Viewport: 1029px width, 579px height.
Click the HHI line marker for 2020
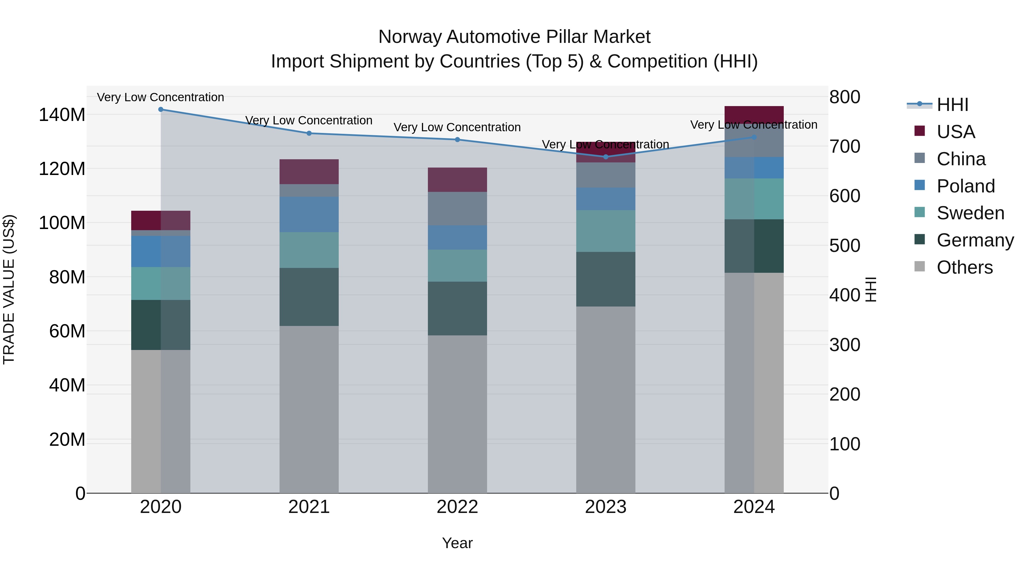click(x=161, y=110)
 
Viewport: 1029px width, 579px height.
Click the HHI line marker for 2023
click(x=606, y=157)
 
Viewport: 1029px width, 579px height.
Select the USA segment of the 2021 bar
click(x=309, y=172)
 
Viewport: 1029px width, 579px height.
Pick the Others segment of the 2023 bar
click(x=606, y=400)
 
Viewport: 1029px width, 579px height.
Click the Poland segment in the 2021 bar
click(x=309, y=214)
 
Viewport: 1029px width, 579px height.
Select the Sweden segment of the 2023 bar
click(x=606, y=231)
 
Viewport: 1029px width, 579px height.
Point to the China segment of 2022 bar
click(x=457, y=209)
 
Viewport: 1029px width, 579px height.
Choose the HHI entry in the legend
click(x=952, y=105)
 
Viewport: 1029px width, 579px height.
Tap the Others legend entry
click(x=964, y=267)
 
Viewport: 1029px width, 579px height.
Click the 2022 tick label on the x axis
click(x=457, y=507)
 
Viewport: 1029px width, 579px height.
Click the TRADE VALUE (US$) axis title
click(x=9, y=289)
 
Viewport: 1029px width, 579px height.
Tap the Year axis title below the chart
click(x=457, y=543)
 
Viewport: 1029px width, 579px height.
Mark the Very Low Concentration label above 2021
click(x=309, y=120)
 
